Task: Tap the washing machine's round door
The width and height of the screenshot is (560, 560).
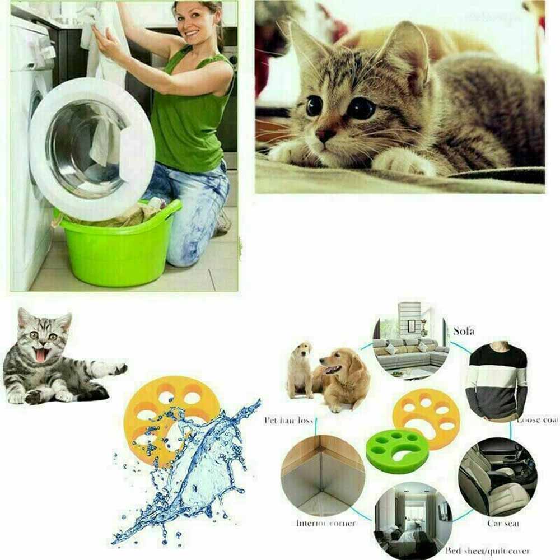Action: (x=90, y=148)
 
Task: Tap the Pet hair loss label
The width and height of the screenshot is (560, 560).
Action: (x=288, y=420)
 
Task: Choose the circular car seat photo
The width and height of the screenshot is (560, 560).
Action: (x=496, y=476)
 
